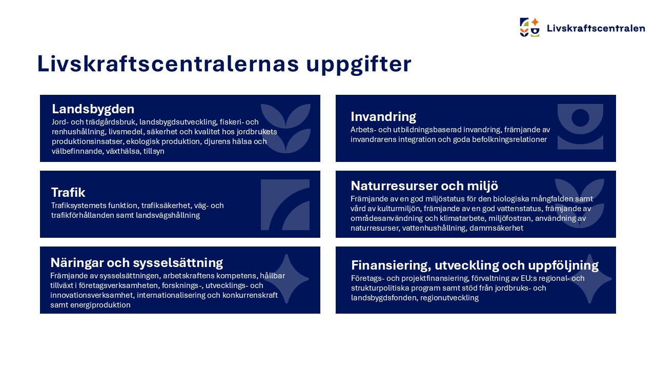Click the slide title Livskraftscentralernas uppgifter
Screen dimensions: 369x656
(224, 65)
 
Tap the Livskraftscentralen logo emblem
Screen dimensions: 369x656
(529, 27)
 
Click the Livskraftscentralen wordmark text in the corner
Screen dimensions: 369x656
(596, 28)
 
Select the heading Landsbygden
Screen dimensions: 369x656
(93, 109)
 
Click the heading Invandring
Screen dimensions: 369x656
(383, 116)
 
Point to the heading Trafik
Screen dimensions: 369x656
(68, 193)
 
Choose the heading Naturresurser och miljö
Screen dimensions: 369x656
(424, 185)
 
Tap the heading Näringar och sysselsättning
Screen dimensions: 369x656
(136, 263)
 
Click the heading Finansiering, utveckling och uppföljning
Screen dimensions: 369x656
(475, 265)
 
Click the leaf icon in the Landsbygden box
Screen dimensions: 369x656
(285, 128)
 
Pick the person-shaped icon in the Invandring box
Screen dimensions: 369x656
(580, 126)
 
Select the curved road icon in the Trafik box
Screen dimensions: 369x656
(285, 204)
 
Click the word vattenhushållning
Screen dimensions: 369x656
(433, 228)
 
